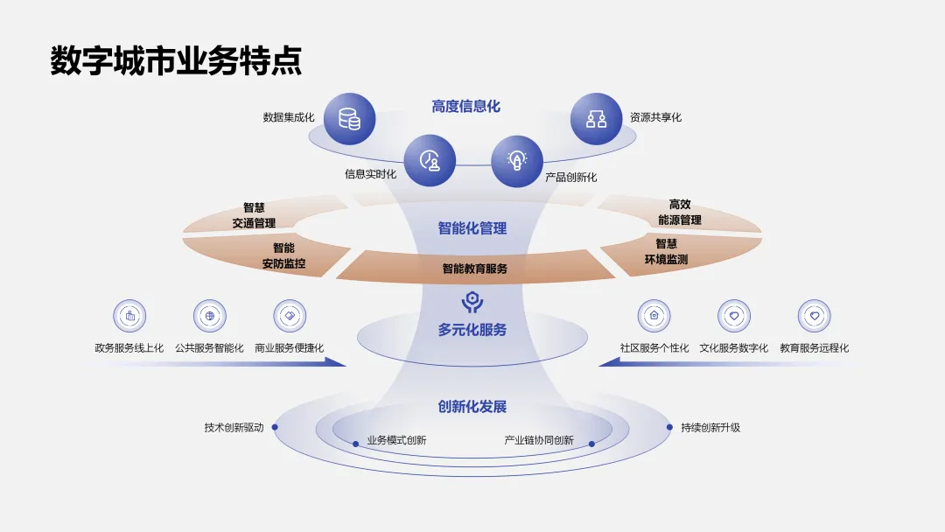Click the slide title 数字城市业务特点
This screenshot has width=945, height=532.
176,61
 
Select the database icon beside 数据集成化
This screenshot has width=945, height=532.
349,118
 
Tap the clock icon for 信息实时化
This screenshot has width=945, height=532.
430,161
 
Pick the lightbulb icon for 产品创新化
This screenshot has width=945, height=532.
517,161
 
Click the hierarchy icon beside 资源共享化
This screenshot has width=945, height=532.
596,118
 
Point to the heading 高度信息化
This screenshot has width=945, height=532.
465,107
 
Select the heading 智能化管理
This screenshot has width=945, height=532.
472,228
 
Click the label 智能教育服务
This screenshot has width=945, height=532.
474,269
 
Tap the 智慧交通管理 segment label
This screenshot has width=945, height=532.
254,215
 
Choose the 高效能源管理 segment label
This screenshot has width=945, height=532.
680,212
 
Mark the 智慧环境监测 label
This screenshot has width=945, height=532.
666,251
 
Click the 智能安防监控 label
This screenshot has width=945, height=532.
283,255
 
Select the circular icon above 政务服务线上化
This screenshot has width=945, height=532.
129,316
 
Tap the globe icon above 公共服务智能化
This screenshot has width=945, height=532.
209,316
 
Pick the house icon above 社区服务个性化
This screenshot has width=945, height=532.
654,316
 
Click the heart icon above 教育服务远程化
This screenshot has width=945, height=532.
814,316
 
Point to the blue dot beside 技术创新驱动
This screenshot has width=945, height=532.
275,428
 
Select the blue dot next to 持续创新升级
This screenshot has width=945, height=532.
670,428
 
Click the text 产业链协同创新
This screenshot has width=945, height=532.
539,440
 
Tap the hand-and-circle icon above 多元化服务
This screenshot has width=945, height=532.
472,302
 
